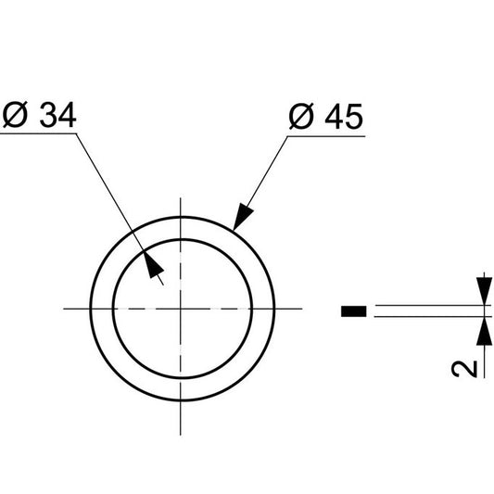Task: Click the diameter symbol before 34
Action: click(x=18, y=118)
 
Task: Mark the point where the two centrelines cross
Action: click(x=182, y=307)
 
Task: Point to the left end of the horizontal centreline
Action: click(x=64, y=307)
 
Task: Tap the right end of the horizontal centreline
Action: click(x=301, y=307)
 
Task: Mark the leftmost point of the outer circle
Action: click(x=90, y=307)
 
